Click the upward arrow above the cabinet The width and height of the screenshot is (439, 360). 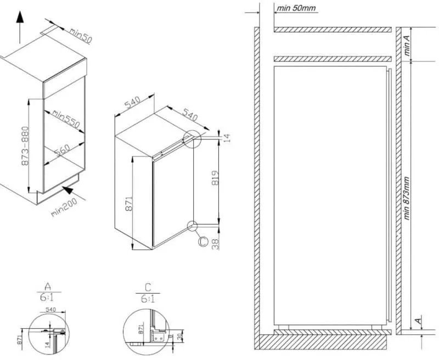click(20, 25)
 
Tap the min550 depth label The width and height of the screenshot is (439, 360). click(66, 118)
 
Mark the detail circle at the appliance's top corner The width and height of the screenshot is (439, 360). click(193, 139)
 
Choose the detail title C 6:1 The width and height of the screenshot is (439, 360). click(148, 292)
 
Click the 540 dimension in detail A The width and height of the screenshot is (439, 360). click(50, 310)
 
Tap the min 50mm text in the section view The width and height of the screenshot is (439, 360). click(296, 8)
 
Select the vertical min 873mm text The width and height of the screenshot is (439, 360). click(407, 198)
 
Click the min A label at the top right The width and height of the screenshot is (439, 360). click(407, 44)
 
